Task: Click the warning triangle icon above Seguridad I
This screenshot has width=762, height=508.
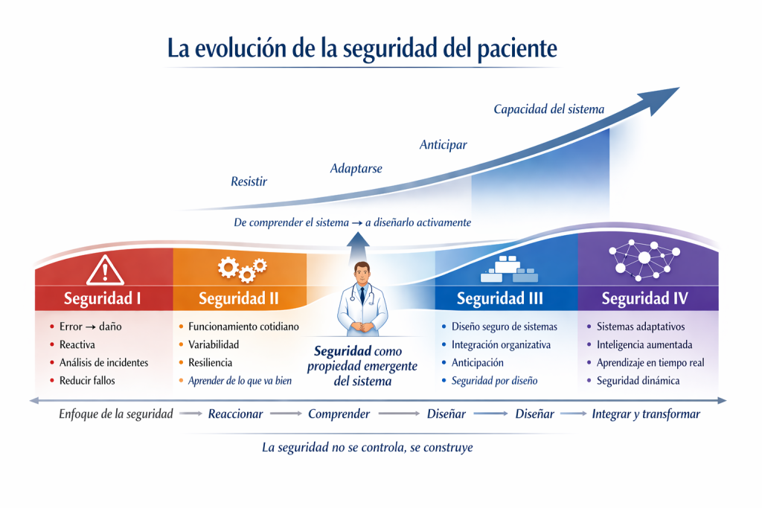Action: click(x=105, y=270)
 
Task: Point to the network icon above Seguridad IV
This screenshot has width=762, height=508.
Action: click(x=644, y=260)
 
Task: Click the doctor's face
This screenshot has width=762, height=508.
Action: click(x=362, y=275)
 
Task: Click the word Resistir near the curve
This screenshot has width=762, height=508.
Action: click(x=249, y=181)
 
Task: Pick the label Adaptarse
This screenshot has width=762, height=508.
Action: click(x=356, y=169)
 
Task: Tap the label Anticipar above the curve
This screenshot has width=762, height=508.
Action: click(x=444, y=145)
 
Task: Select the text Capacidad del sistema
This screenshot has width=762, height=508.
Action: click(x=549, y=109)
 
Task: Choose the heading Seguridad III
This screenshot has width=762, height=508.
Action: click(x=499, y=298)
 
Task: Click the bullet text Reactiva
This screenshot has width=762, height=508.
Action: click(x=77, y=345)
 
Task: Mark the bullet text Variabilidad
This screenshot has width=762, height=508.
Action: click(x=214, y=345)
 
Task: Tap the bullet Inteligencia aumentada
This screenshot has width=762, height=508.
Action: click(x=644, y=345)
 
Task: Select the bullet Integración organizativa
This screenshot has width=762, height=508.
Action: click(x=501, y=345)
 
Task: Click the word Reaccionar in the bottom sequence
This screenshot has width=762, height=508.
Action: click(x=236, y=414)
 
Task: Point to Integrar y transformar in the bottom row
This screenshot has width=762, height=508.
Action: click(x=646, y=414)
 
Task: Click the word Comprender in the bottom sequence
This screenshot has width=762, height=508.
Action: click(x=339, y=414)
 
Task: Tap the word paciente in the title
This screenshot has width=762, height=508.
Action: click(x=517, y=48)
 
